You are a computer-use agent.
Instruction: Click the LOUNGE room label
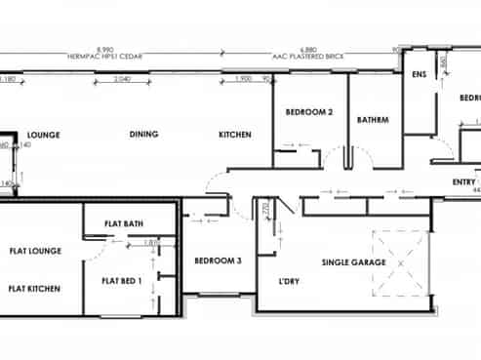click(x=45, y=135)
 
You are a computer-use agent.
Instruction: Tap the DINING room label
click(x=144, y=135)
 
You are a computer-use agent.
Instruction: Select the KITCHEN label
click(x=235, y=135)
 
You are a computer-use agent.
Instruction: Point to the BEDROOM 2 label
click(x=309, y=113)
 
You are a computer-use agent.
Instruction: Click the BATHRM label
click(x=373, y=120)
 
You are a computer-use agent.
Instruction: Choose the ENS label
click(x=420, y=75)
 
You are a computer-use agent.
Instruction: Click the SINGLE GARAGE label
click(x=354, y=263)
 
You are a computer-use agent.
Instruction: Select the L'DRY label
click(x=289, y=282)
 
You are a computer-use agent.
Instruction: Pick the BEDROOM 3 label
click(x=218, y=260)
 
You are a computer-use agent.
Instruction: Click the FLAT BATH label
click(x=128, y=224)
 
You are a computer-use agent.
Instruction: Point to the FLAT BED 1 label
click(x=122, y=282)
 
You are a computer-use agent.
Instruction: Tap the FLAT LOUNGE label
click(x=36, y=252)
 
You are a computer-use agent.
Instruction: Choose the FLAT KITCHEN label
click(x=36, y=289)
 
